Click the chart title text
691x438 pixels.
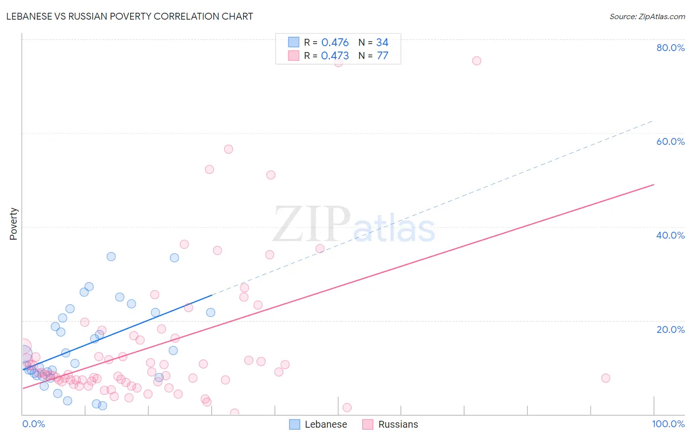[130, 16]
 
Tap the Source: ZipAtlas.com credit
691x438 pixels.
[647, 16]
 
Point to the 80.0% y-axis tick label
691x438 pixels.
[670, 48]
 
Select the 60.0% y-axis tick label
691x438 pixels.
[670, 141]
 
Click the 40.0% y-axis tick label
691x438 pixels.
[670, 235]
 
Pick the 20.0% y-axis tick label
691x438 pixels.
[670, 329]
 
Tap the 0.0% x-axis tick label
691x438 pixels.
[33, 424]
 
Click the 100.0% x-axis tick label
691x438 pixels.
[668, 424]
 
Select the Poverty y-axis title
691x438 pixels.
[13, 224]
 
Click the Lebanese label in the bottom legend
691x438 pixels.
[325, 424]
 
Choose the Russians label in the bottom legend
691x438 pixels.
[398, 424]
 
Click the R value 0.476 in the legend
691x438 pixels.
[335, 43]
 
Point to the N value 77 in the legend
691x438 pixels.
[382, 56]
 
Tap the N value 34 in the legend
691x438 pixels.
[382, 43]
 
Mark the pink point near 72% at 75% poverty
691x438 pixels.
[476, 61]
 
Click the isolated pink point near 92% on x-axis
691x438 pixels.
[605, 378]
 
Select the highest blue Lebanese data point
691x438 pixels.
[111, 256]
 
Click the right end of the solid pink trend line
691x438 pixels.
[654, 185]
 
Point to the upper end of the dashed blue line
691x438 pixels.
[653, 120]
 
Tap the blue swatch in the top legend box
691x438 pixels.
[293, 42]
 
